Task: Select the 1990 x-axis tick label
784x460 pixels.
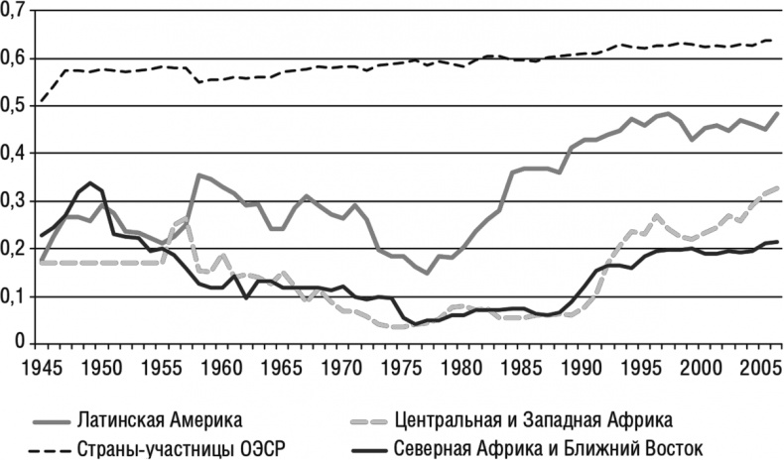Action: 581,364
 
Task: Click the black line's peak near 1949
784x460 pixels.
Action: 90,183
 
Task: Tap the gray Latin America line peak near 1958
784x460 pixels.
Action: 199,175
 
